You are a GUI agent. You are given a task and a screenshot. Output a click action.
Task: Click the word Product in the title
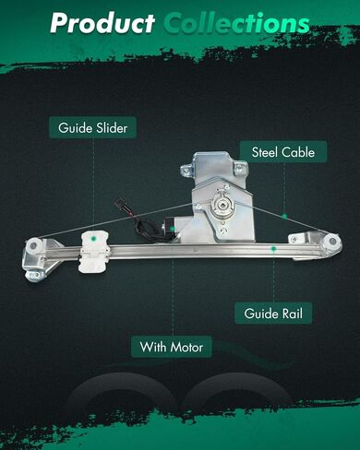[x=102, y=23]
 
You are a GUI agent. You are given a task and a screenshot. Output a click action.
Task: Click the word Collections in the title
[x=236, y=23]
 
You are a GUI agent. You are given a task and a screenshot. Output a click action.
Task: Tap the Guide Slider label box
[x=92, y=127]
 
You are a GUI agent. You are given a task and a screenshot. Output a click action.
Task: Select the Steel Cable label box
[x=283, y=152]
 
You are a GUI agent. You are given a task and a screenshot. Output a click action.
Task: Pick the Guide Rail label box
[x=273, y=314]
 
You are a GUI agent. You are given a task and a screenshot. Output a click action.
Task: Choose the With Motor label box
[x=172, y=347]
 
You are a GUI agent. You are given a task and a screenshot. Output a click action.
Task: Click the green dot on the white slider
[x=94, y=238]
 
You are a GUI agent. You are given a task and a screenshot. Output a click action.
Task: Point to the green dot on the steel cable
[x=284, y=217]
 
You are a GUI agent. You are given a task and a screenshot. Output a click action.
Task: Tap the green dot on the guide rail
[x=273, y=248]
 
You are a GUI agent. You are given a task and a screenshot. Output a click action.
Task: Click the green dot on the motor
[x=173, y=229]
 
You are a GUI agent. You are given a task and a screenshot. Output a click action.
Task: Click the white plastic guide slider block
[x=93, y=252]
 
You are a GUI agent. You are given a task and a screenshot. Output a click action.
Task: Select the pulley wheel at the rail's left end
[x=32, y=246]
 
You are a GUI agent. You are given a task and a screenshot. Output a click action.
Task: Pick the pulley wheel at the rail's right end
[x=333, y=241]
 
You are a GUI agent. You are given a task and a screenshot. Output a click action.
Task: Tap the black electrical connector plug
[x=117, y=204]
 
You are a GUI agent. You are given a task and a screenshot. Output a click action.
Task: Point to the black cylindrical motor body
[x=171, y=227]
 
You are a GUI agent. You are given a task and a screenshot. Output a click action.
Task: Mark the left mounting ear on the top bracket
[x=186, y=170]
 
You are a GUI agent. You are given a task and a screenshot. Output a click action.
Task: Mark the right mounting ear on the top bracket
[x=240, y=168]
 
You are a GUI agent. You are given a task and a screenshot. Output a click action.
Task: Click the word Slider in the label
[x=112, y=127]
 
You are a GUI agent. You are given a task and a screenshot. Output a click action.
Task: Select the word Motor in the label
[x=186, y=347]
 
